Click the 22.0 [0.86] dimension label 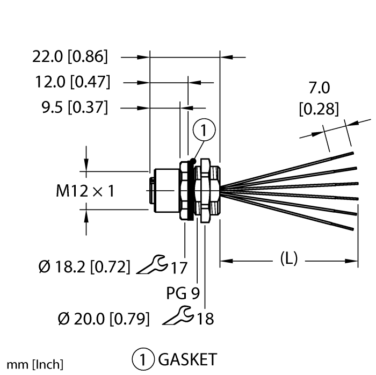coord(70,56)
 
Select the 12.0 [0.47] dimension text coord(73,82)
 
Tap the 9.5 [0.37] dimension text coord(75,107)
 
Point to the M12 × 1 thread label coord(85,191)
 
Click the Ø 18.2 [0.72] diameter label coord(84,266)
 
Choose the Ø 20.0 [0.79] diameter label coord(104,319)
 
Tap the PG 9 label coord(183,293)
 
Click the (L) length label coord(289,259)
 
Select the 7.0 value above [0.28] coord(319,88)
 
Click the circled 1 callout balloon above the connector coord(204,129)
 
